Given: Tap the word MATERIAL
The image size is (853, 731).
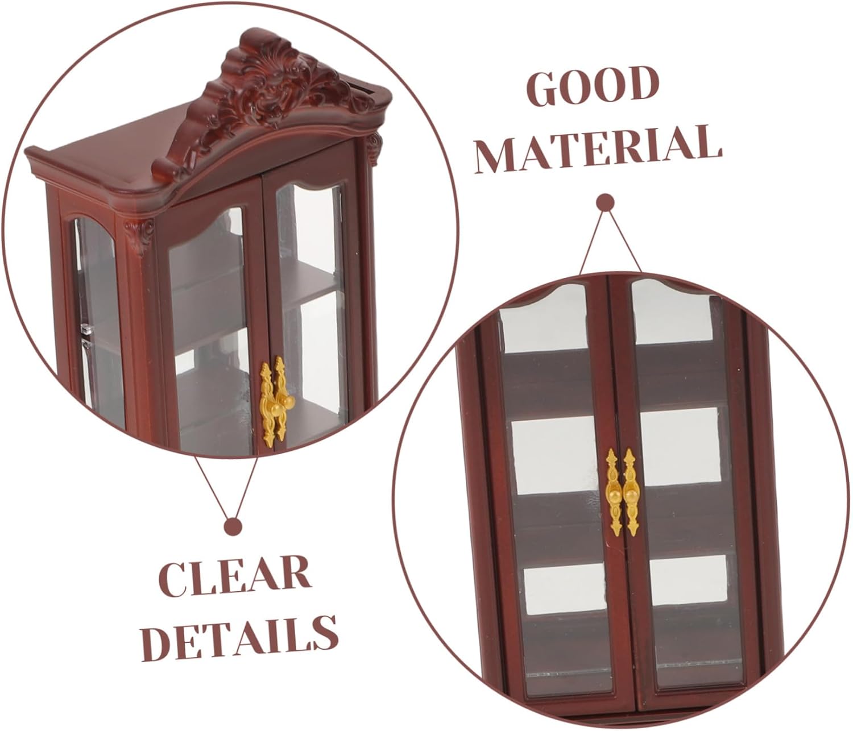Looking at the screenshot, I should tap(599, 149).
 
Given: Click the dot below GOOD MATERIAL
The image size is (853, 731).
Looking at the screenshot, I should tap(605, 202).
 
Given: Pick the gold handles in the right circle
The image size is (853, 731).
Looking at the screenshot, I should tap(621, 490).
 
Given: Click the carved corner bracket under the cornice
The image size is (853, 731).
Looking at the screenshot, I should tap(139, 236).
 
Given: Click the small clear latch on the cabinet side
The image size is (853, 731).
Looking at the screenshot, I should tap(85, 329).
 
